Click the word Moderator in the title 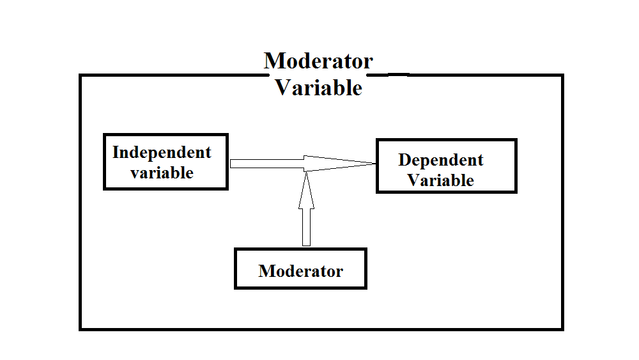pyautogui.click(x=318, y=61)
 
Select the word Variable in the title pyautogui.click(x=319, y=88)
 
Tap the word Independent pyautogui.click(x=162, y=153)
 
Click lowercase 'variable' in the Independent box pyautogui.click(x=162, y=173)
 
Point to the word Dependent pyautogui.click(x=441, y=160)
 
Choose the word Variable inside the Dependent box pyautogui.click(x=441, y=180)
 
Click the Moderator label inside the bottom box pyautogui.click(x=300, y=271)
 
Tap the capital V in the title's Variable pyautogui.click(x=282, y=88)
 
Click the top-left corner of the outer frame pyautogui.click(x=81, y=75)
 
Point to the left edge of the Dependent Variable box pyautogui.click(x=378, y=166)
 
